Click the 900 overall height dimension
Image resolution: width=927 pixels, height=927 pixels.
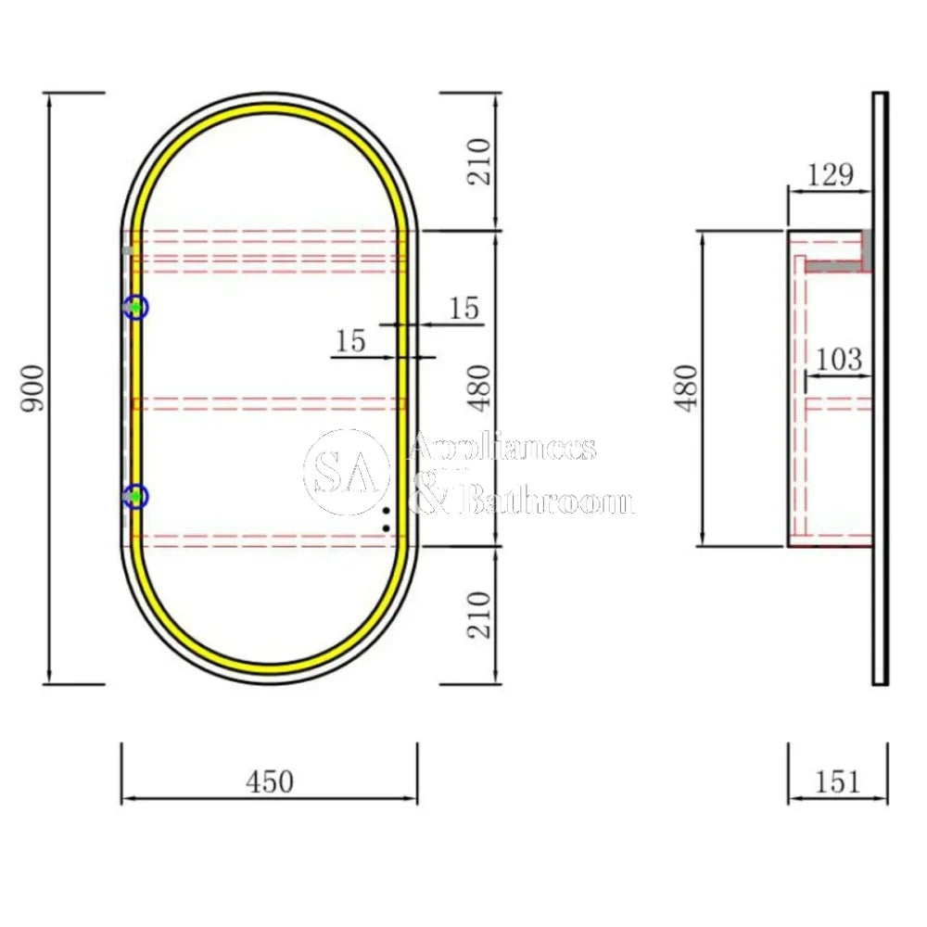click(x=32, y=389)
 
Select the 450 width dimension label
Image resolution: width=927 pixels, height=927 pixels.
click(x=269, y=781)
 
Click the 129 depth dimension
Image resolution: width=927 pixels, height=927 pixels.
click(x=829, y=174)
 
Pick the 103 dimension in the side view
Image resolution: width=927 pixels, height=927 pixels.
click(x=840, y=359)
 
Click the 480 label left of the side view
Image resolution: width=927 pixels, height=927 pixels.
click(x=686, y=388)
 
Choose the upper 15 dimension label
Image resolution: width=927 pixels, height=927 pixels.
click(x=463, y=308)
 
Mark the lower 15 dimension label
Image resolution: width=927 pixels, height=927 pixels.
click(x=350, y=341)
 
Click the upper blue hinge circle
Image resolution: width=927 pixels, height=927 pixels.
click(x=136, y=307)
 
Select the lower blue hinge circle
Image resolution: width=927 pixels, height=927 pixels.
click(x=136, y=497)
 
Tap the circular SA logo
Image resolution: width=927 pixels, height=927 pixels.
click(x=346, y=473)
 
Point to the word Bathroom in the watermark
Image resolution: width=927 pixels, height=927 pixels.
click(x=547, y=502)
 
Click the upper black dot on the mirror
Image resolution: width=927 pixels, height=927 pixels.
click(x=386, y=511)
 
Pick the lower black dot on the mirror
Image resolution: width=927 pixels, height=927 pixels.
click(x=387, y=528)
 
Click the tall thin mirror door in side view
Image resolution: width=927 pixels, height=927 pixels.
click(x=880, y=389)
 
